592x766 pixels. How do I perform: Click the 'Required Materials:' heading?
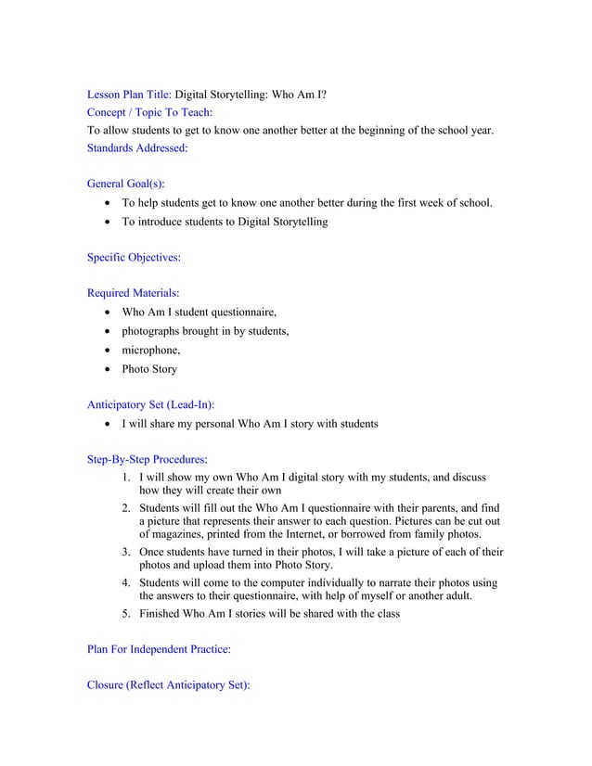[133, 294]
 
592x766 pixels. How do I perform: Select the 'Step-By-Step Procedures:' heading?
[147, 459]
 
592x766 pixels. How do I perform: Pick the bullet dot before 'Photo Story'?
[111, 369]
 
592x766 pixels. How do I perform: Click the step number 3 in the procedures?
[125, 552]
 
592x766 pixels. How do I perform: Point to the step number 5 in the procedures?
[125, 614]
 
